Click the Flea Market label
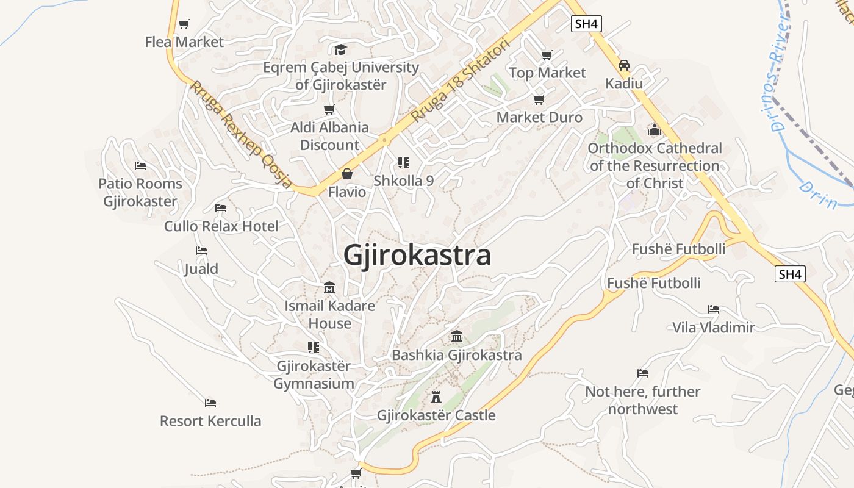coord(184,42)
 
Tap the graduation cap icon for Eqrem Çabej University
coord(340,49)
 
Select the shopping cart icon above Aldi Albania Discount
coord(329,110)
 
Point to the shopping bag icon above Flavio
coord(347,174)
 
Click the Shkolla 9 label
coord(403,181)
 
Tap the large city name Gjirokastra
coord(417,255)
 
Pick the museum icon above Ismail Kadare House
coord(329,287)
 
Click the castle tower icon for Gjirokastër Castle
coord(436,397)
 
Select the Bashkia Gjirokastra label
coord(456,355)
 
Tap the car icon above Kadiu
coord(624,65)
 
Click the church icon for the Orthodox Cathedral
coord(655,130)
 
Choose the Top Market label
coord(547,73)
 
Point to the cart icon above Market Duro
coord(539,99)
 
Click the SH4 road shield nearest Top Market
coord(587,24)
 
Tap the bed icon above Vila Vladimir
coord(714,309)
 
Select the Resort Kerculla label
coord(210,421)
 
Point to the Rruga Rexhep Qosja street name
coord(240,134)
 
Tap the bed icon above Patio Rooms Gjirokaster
coord(140,166)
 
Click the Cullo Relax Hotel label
coord(221,226)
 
